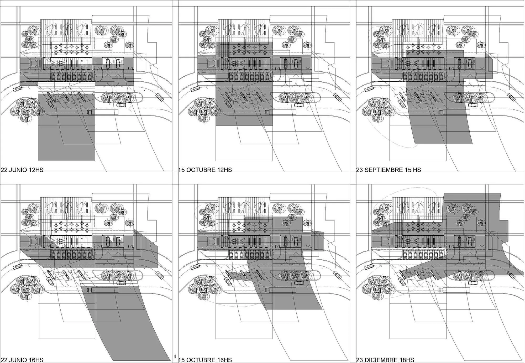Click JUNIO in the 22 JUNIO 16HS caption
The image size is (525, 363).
click(x=18, y=360)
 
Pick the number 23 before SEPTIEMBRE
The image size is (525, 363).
click(x=360, y=170)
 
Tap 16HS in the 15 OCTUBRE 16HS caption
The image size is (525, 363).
click(x=225, y=360)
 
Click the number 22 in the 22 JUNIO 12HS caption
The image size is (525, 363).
click(x=4, y=170)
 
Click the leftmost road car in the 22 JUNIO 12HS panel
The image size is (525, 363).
click(x=18, y=89)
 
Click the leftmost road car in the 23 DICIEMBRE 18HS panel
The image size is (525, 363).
click(x=369, y=267)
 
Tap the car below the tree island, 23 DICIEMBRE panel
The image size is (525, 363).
click(x=473, y=283)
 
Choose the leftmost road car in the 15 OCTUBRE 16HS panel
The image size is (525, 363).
click(x=195, y=267)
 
